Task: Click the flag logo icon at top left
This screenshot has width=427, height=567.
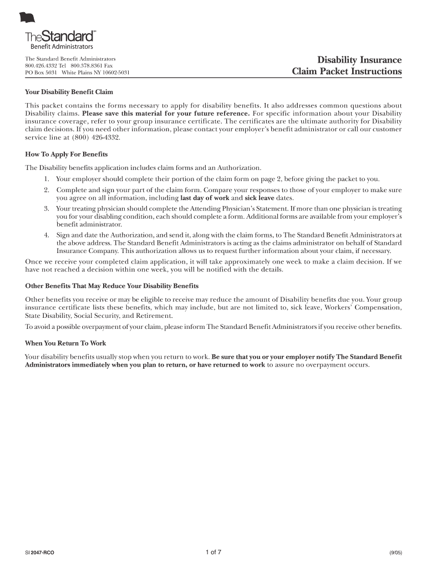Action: click(x=27, y=18)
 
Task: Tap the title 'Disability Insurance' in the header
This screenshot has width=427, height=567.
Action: click(x=359, y=60)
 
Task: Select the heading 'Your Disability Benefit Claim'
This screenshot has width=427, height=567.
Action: click(x=69, y=91)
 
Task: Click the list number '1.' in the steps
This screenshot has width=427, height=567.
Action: click(x=47, y=179)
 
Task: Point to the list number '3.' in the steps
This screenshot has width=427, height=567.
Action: click(x=47, y=209)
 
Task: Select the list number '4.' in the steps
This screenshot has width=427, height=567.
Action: click(x=47, y=235)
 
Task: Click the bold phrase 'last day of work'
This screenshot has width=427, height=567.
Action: click(x=205, y=198)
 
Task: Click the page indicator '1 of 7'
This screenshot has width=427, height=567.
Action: click(x=213, y=552)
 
